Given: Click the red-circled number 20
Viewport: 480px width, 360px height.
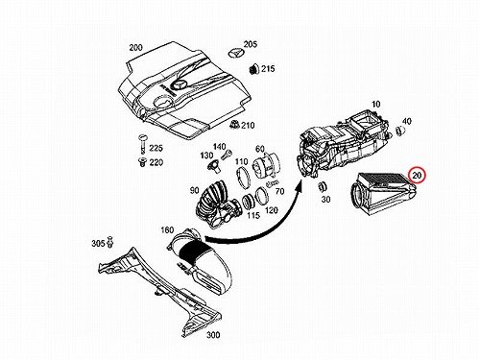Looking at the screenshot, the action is click(417, 175).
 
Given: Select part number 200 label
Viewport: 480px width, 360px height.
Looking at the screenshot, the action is click(135, 48).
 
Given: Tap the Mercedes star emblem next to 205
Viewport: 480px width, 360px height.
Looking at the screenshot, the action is click(235, 53).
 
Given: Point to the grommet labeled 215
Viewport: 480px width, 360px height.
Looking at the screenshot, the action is click(253, 69).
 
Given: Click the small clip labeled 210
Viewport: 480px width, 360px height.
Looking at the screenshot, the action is click(235, 125).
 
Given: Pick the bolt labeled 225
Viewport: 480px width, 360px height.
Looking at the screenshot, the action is click(142, 144).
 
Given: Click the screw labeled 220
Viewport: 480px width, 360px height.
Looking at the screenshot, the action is click(141, 162).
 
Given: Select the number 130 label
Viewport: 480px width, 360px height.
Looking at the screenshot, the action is click(206, 156).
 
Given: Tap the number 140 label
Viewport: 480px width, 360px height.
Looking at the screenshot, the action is click(219, 147).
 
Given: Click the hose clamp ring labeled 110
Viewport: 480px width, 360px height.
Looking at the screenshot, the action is click(243, 178).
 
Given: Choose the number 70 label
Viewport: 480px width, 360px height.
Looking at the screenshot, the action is click(280, 191).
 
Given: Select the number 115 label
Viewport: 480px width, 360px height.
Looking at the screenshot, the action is click(253, 215).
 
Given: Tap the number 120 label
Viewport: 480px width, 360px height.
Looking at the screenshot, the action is click(272, 210).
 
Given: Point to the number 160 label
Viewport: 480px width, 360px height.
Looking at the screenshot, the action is click(167, 229).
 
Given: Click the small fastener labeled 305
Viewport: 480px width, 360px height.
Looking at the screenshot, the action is click(110, 242).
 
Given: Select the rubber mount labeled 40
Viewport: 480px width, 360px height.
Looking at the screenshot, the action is click(400, 131).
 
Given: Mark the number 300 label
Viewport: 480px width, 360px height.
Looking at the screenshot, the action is click(213, 335).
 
